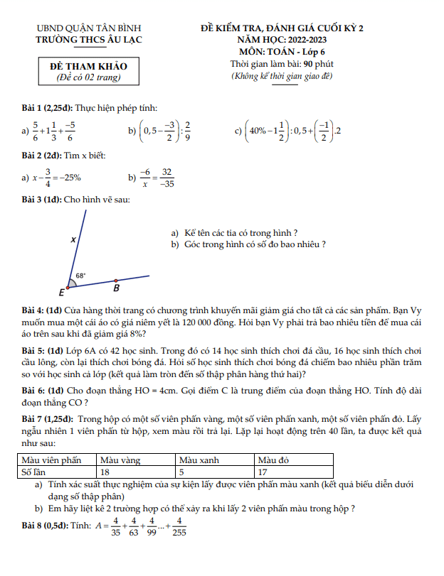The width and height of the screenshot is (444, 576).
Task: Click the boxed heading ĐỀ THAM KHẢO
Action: pyautogui.click(x=89, y=66)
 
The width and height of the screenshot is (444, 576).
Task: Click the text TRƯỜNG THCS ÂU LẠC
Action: pyautogui.click(x=89, y=39)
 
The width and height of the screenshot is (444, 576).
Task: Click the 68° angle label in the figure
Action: pyautogui.click(x=81, y=275)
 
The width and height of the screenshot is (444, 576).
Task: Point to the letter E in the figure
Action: pyautogui.click(x=61, y=292)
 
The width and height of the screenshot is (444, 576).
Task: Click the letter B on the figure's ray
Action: pyautogui.click(x=117, y=289)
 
